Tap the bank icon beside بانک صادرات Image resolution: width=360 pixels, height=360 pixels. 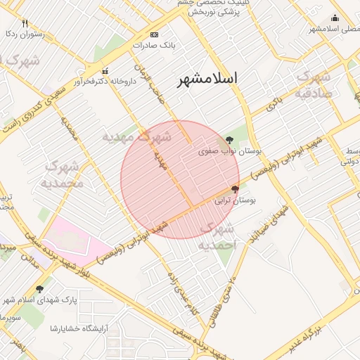coord(155,34)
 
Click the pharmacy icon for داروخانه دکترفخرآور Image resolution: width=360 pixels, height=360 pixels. coord(105,70)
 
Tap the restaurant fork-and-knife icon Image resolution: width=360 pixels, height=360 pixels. coord(25,23)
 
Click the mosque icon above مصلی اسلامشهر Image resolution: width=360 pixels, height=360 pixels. coord(335,18)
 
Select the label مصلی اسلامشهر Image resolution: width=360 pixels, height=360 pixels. coord(334,29)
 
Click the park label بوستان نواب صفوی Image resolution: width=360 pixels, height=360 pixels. coord(224,150)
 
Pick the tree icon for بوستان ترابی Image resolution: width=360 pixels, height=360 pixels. coord(234,189)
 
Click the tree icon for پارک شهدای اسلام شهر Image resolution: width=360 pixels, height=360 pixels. coord(39,289)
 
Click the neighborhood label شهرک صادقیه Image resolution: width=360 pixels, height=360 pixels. coord(313,84)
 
